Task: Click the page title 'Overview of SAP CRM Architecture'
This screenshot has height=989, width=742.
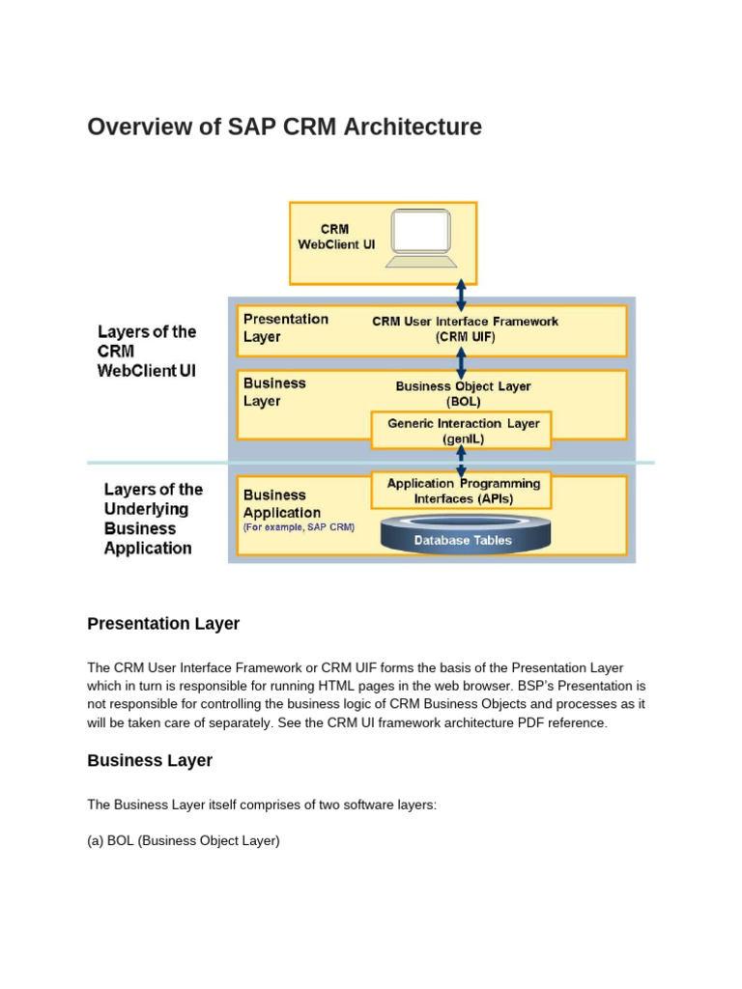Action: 284,127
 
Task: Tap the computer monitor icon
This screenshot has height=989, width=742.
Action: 421,238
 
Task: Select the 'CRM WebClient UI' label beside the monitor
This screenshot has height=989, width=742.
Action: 335,237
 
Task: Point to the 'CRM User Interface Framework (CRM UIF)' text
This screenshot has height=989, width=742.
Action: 465,329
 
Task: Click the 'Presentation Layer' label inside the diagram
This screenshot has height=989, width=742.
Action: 285,327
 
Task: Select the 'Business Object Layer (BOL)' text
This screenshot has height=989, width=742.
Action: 463,393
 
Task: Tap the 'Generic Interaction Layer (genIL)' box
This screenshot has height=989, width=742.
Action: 463,431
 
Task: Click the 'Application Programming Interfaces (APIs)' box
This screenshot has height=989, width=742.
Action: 463,491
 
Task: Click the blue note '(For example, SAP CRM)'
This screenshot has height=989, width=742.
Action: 299,527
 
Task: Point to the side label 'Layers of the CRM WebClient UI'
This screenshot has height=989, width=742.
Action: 146,351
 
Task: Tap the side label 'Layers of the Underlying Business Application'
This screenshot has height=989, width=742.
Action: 148,519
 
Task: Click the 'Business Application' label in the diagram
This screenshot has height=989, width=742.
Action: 281,504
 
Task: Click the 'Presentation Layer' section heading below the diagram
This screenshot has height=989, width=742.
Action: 163,624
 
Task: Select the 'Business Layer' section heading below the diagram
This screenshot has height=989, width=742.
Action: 150,761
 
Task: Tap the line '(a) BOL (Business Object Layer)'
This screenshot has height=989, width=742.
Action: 184,841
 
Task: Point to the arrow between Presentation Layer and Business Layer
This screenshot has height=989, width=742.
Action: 462,359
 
